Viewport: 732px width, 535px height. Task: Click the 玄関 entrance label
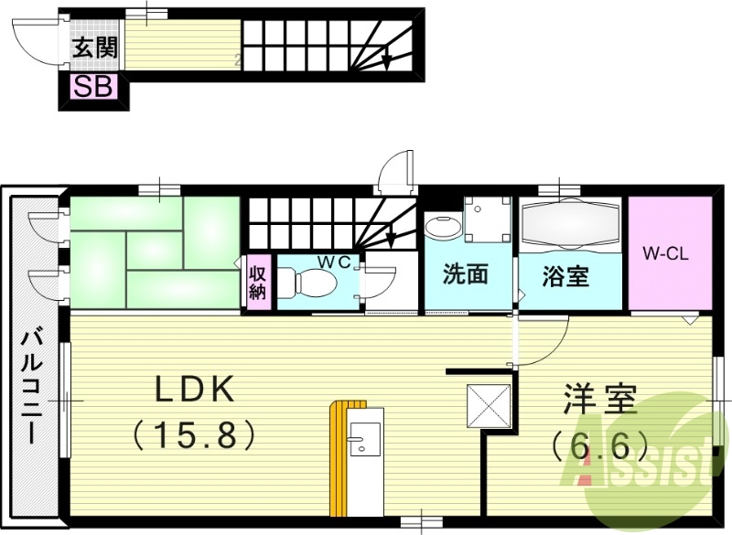pyautogui.click(x=94, y=47)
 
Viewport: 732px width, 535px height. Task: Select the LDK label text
pyautogui.click(x=194, y=391)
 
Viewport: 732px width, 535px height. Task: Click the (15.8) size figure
pyautogui.click(x=194, y=433)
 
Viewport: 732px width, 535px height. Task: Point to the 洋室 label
pyautogui.click(x=599, y=403)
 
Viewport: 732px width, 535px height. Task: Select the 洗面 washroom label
pyautogui.click(x=465, y=274)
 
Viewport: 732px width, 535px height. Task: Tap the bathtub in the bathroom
pyautogui.click(x=572, y=224)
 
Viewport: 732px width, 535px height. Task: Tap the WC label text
pyautogui.click(x=334, y=262)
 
